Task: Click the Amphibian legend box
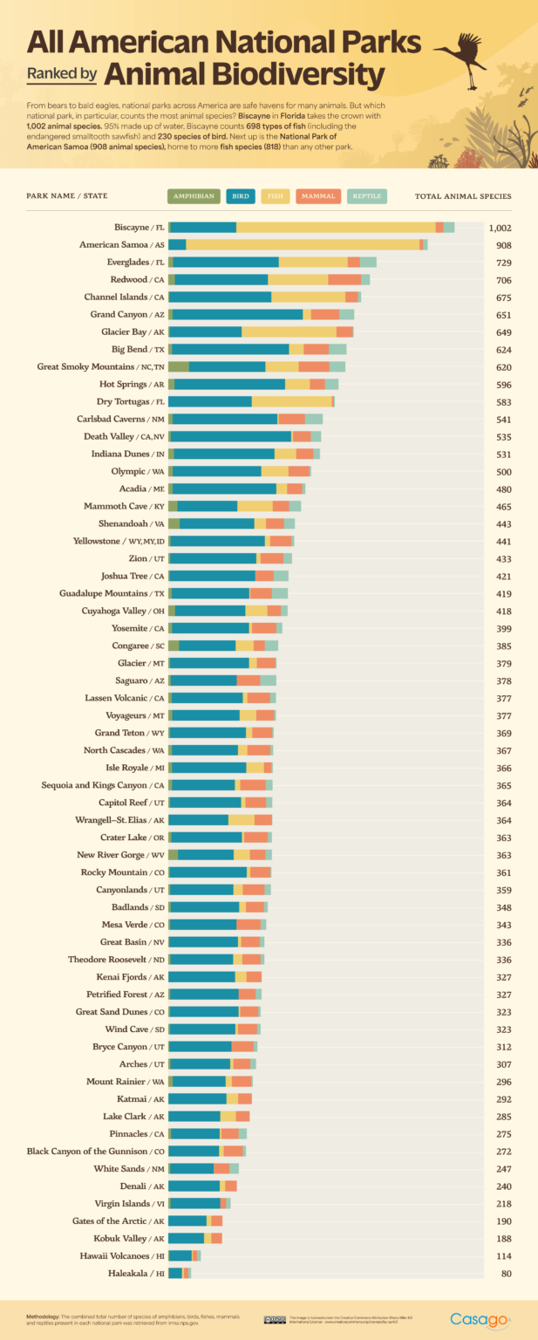[x=194, y=196]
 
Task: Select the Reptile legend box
[x=366, y=196]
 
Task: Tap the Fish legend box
[x=275, y=196]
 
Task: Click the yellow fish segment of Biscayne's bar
[x=336, y=228]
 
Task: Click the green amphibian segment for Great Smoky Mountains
[x=179, y=367]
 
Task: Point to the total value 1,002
[x=500, y=228]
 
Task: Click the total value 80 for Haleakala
[x=504, y=1274]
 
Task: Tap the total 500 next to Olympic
[x=503, y=471]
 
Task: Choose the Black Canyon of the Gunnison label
[x=96, y=1152]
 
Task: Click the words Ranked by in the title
[x=61, y=75]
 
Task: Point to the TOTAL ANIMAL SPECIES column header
[x=463, y=196]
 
